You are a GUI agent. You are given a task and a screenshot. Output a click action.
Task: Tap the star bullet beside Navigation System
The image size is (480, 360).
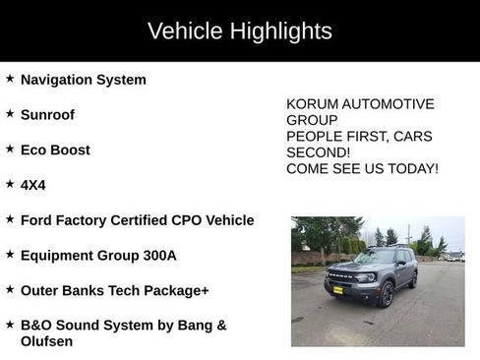[x=10, y=79]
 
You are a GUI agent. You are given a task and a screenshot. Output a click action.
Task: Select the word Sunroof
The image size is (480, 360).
[x=47, y=114]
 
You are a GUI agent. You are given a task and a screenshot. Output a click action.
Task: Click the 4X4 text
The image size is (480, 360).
[x=33, y=185]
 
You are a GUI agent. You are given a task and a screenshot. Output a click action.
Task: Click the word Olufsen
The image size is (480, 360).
[x=46, y=341]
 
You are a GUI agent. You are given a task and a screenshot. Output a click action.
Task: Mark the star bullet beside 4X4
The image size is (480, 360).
[x=10, y=184]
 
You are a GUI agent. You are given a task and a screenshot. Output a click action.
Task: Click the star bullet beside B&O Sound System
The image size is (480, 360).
[x=10, y=325]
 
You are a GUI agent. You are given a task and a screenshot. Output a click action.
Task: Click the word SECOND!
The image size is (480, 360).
[x=318, y=152]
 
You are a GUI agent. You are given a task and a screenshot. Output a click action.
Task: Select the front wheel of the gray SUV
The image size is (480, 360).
[x=387, y=294]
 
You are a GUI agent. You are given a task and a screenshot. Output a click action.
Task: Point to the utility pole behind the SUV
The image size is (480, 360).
[x=408, y=234]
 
